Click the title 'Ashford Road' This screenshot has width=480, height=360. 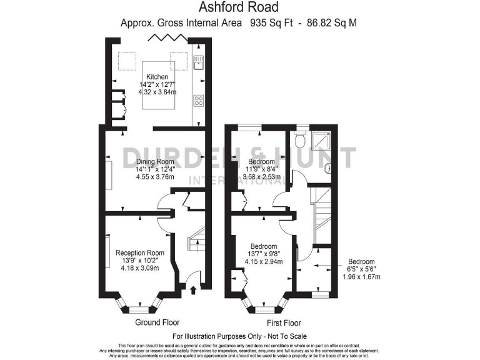click(239, 8)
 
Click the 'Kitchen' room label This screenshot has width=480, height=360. click(157, 77)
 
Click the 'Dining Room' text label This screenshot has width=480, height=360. click(155, 161)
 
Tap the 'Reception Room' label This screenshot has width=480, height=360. click(140, 252)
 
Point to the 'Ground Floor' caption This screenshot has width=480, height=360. click(157, 322)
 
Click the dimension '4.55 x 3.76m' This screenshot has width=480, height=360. click(156, 177)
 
